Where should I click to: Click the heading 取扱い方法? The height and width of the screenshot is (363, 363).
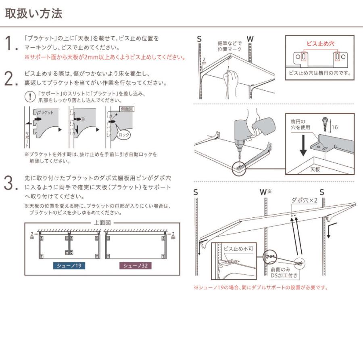33,14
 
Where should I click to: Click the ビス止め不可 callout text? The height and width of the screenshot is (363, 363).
238,249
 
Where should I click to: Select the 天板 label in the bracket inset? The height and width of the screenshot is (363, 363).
315,170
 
